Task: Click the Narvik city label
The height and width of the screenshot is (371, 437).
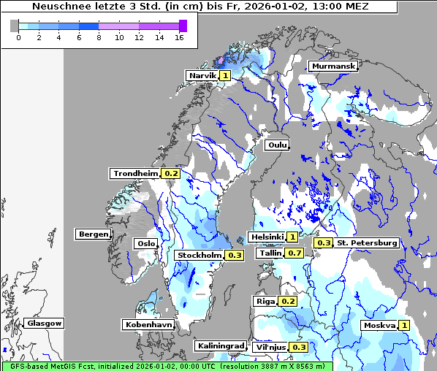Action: click(x=202, y=75)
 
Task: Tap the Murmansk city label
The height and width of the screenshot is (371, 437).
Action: click(x=333, y=66)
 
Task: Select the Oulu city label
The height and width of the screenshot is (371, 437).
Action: click(x=277, y=145)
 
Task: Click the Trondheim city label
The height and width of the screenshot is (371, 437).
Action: click(x=135, y=173)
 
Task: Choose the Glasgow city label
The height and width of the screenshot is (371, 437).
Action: click(x=45, y=323)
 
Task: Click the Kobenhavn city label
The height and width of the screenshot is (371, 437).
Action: click(x=148, y=324)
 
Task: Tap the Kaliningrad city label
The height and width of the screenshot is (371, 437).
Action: click(x=220, y=345)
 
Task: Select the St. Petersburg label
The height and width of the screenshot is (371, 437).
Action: click(x=367, y=242)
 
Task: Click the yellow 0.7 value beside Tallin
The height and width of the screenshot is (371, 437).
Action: click(x=294, y=253)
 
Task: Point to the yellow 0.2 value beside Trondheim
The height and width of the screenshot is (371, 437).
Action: click(x=171, y=173)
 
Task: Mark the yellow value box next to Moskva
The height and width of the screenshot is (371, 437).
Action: click(x=404, y=325)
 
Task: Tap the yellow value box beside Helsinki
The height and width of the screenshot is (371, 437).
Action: click(x=292, y=237)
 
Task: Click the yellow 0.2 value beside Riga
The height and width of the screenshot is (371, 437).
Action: click(x=288, y=301)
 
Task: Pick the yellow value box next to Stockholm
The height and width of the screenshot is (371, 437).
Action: click(x=234, y=255)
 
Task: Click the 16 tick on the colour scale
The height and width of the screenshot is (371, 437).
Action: click(x=179, y=37)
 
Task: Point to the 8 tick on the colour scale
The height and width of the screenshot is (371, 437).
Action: click(x=99, y=37)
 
